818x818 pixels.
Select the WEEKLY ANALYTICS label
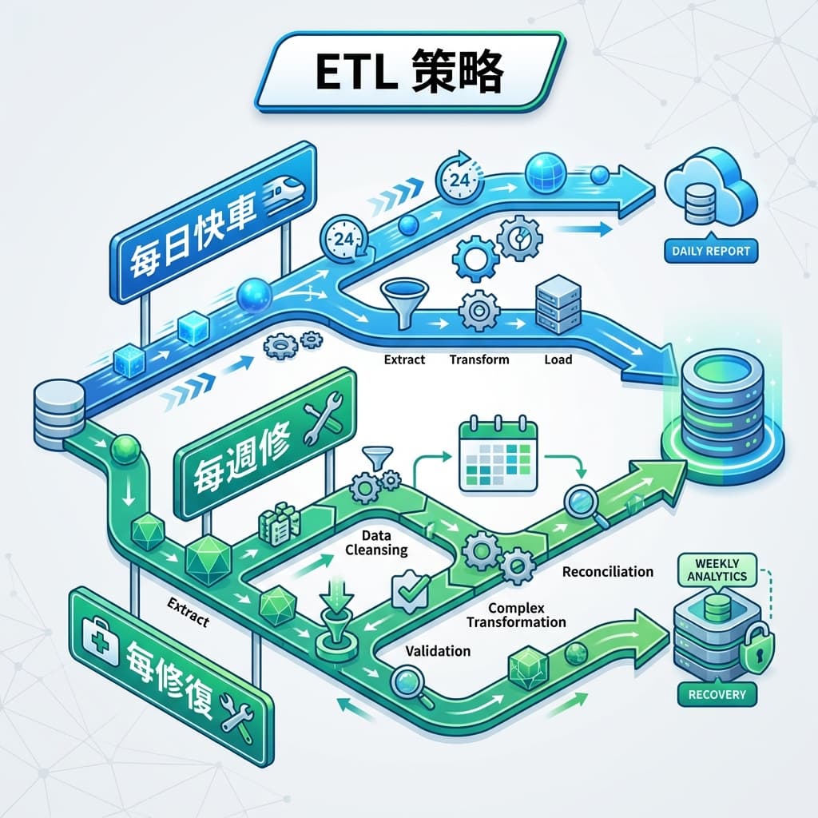click(x=716, y=570)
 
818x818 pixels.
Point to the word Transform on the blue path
click(x=479, y=359)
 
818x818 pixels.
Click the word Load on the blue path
click(x=558, y=359)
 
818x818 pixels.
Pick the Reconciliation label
click(x=607, y=572)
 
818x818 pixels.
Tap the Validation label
click(x=438, y=651)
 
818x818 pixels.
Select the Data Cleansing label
click(x=375, y=542)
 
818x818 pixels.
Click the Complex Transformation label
click(x=516, y=615)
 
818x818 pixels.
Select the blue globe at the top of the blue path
click(x=546, y=171)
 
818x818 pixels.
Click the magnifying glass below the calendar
click(x=582, y=505)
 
